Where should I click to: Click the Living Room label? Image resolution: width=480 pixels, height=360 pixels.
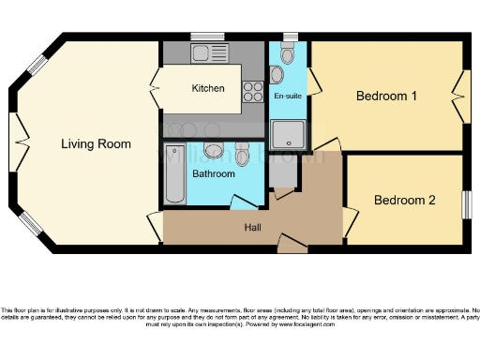click(x=96, y=143)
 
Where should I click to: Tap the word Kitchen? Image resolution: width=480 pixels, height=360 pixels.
click(x=208, y=89)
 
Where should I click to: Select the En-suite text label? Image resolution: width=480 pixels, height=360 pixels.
click(x=287, y=96)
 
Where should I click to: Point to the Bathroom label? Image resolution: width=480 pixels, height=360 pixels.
click(x=214, y=173)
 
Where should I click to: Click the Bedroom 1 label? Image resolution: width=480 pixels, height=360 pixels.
click(x=386, y=96)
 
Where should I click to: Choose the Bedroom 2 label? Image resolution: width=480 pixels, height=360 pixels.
click(x=405, y=200)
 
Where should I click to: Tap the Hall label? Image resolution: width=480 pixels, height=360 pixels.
click(x=253, y=227)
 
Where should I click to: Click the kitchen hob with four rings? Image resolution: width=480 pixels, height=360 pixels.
click(x=253, y=90)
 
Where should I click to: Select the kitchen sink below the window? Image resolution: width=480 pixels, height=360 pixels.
click(x=202, y=52)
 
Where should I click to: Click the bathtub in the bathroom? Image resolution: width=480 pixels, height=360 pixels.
click(x=175, y=174)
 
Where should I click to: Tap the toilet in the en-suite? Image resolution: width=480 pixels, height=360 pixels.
click(x=288, y=50)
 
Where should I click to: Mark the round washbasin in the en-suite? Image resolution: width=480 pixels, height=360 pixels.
click(x=277, y=73)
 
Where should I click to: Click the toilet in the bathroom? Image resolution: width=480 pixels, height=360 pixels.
click(x=242, y=153)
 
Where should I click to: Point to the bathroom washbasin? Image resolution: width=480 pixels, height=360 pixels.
click(x=214, y=151)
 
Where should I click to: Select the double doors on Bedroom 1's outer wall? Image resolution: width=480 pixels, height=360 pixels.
click(x=459, y=95)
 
